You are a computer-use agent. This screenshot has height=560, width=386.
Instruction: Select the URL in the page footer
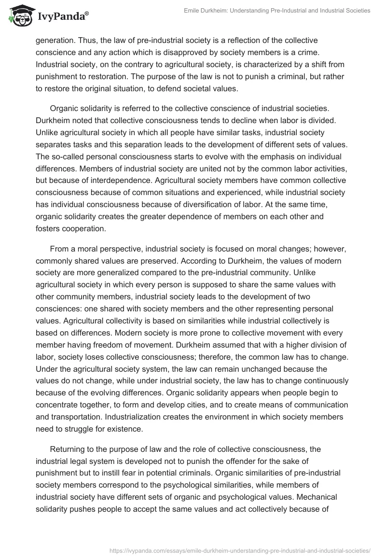pos(240,550)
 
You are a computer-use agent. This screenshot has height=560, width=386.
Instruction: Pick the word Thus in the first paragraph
pos(84,41)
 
